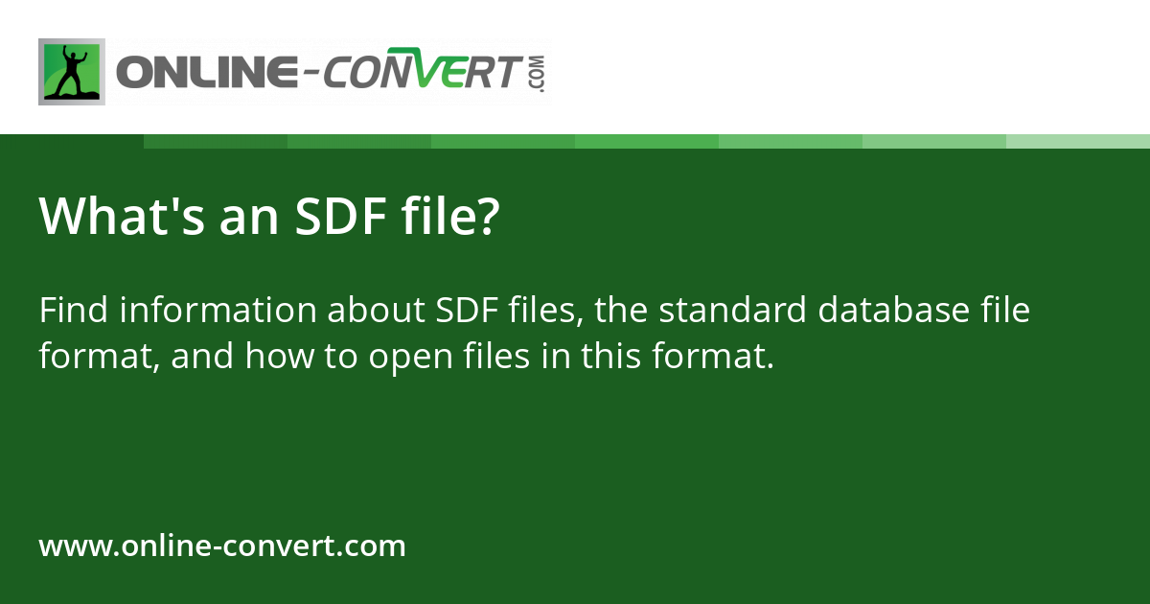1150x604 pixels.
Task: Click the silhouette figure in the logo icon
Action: click(73, 71)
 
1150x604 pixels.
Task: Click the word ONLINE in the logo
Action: click(207, 71)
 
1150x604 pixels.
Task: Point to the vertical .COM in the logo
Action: click(538, 74)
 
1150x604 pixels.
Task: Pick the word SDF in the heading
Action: click(341, 216)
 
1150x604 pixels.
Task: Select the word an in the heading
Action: click(249, 220)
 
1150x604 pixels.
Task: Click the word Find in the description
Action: click(74, 309)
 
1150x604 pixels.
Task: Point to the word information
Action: click(218, 309)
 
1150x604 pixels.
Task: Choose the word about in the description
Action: click(377, 309)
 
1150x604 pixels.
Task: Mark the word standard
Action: click(732, 309)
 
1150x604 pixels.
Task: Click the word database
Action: click(893, 309)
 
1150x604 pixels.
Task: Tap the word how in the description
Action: click(280, 356)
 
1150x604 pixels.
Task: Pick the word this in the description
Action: click(611, 356)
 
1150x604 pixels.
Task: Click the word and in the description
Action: click(202, 356)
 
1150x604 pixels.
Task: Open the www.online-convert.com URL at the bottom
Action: click(222, 546)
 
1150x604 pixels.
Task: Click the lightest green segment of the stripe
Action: click(1078, 142)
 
